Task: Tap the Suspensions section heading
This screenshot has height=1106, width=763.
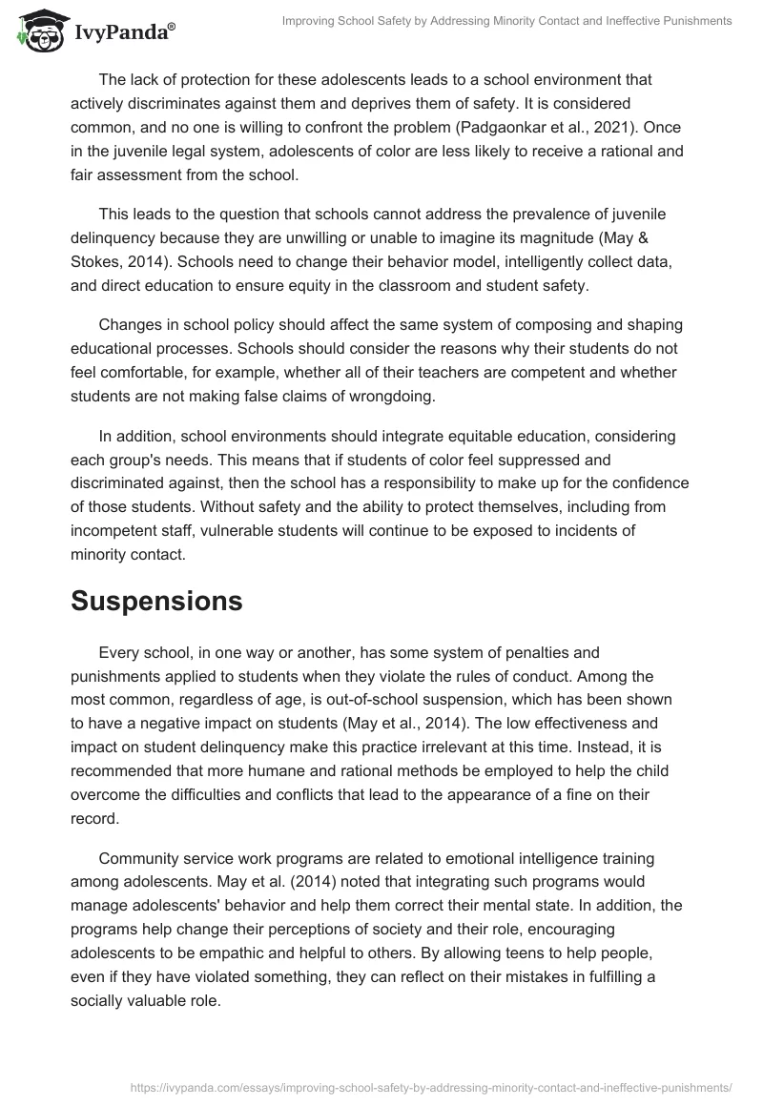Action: tap(156, 601)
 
